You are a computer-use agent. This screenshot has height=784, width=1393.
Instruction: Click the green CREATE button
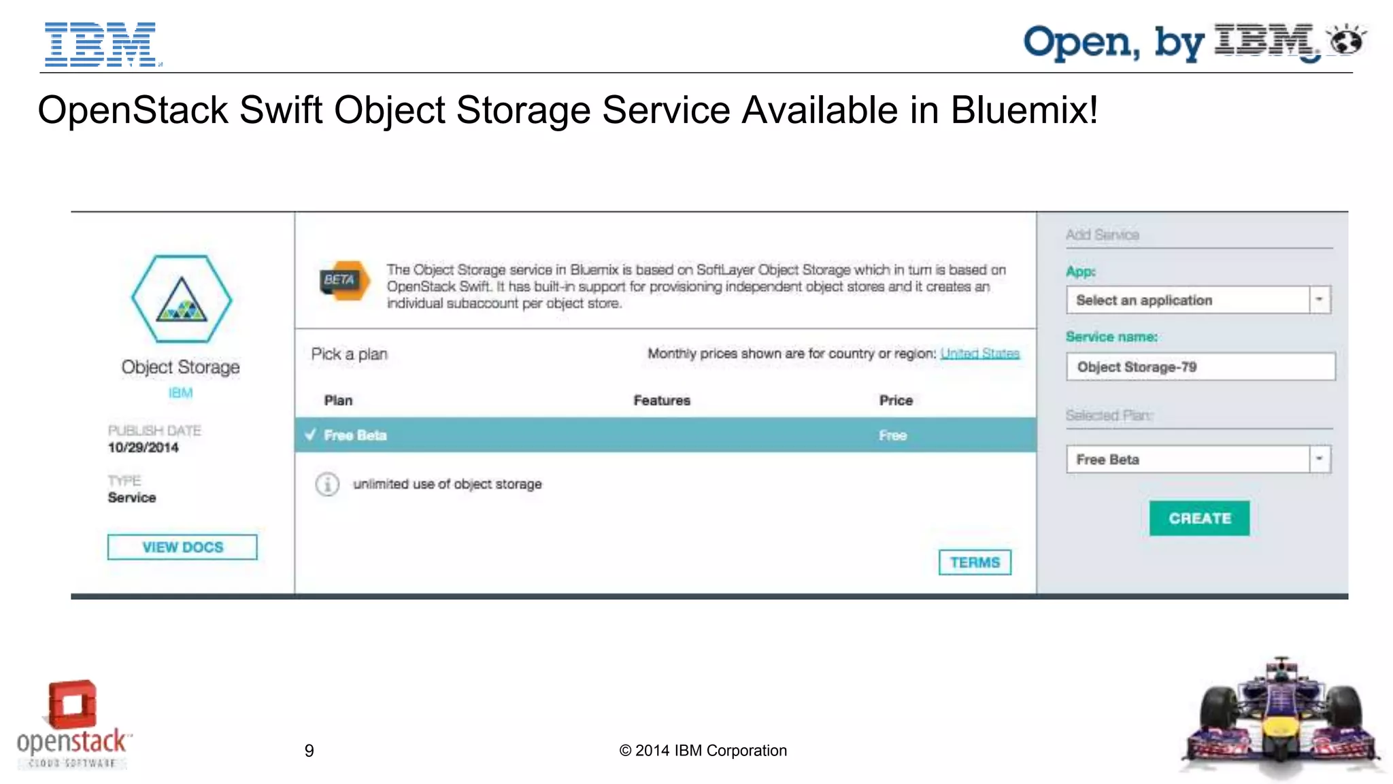click(1199, 518)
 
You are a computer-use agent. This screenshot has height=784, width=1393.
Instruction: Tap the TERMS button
click(975, 562)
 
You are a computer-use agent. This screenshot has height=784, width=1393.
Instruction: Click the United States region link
click(979, 354)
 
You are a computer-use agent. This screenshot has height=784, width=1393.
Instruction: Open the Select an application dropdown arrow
click(1319, 300)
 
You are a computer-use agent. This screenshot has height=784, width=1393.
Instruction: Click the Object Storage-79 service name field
click(1201, 367)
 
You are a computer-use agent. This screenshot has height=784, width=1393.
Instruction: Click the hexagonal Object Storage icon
click(181, 299)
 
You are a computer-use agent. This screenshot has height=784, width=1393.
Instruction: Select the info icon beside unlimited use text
click(327, 484)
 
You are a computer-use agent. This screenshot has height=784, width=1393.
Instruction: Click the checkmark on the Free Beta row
click(311, 435)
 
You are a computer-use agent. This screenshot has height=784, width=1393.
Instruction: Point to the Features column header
click(662, 400)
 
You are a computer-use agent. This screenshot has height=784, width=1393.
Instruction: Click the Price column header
click(896, 400)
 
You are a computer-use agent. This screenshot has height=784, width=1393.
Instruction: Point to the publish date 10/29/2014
click(143, 447)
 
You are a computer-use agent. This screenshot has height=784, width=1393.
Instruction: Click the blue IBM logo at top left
click(101, 44)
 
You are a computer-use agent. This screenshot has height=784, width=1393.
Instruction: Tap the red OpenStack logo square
click(72, 704)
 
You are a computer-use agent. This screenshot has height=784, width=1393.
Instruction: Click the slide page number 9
click(309, 751)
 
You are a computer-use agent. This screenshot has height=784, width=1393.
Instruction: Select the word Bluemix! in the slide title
click(1024, 110)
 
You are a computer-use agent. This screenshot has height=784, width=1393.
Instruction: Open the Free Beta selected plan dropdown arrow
click(1319, 459)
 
